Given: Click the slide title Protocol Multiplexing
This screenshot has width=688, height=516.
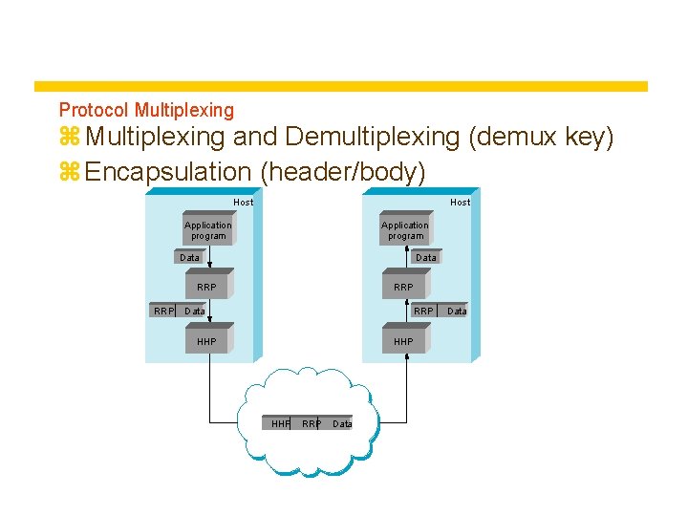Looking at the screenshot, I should (x=146, y=111).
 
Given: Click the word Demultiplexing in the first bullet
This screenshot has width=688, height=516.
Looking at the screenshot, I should (x=372, y=138).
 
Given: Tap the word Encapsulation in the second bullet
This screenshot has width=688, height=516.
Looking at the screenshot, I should (x=167, y=172).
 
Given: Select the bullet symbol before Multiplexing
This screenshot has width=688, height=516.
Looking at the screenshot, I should (x=69, y=139).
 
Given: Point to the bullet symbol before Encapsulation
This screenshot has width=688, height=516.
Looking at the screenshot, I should (x=69, y=173).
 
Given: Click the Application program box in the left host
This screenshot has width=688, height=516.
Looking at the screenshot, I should (x=207, y=230).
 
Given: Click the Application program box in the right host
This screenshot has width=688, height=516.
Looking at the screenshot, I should (x=405, y=230).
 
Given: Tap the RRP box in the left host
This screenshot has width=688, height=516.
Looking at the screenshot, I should (x=206, y=287).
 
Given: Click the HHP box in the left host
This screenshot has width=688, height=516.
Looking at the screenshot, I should (x=206, y=341).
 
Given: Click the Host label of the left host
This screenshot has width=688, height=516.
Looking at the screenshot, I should (x=244, y=202).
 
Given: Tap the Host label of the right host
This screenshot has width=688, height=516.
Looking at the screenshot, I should (x=461, y=202).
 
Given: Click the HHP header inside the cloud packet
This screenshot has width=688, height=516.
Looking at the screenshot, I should (x=280, y=423).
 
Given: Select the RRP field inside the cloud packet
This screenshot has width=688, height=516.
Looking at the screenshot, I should (x=311, y=423).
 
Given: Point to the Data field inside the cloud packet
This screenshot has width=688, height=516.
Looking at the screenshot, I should (x=342, y=423).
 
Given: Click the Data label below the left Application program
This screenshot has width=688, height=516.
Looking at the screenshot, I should (x=190, y=257).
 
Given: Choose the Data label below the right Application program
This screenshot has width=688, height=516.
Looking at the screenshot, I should (x=426, y=257).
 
